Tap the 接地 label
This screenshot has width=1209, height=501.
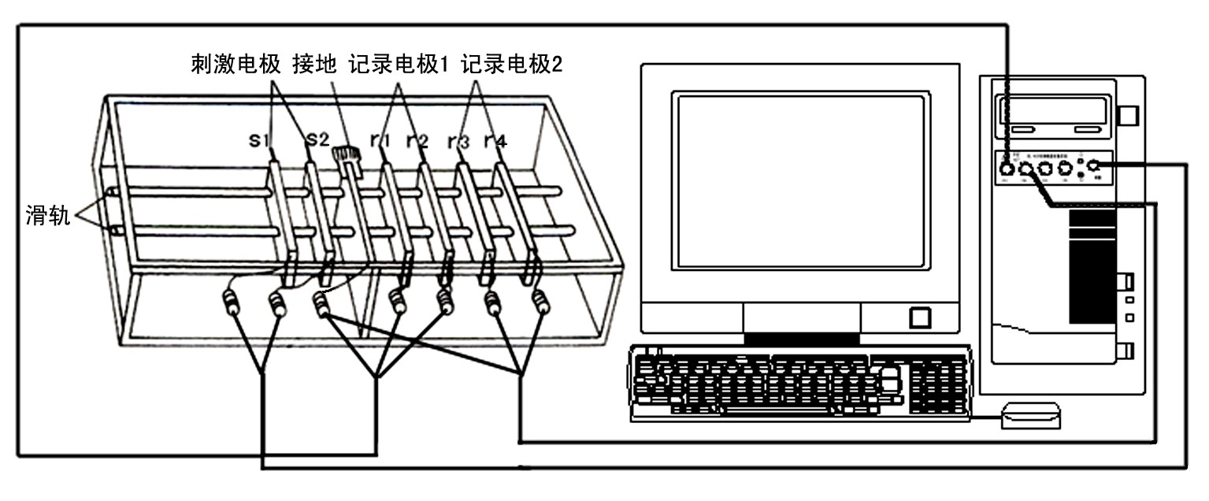tap(313, 64)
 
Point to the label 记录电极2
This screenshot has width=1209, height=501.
tap(513, 64)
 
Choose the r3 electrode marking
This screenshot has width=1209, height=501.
tap(458, 143)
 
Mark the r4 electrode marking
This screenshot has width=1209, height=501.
tap(495, 142)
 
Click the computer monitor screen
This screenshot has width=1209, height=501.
tap(799, 182)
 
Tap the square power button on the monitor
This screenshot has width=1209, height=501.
tap(920, 317)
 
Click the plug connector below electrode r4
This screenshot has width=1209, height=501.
tap(541, 301)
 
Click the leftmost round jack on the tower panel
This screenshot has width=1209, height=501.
tap(1007, 167)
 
